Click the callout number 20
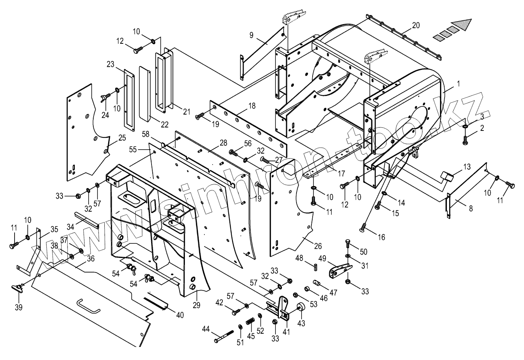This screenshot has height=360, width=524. point(416,26)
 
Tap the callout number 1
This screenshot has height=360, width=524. point(458,83)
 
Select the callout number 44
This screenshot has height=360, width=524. point(206,329)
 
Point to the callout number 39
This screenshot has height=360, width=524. point(18,307)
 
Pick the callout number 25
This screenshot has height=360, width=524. point(122,137)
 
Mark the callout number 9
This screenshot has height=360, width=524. point(251,35)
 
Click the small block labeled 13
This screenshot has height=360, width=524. point(448,177)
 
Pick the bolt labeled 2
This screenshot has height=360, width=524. point(465,140)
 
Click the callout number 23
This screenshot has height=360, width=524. point(111,64)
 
